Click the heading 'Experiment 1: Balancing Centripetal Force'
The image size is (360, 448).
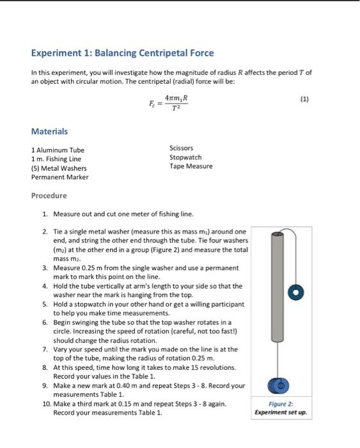122,53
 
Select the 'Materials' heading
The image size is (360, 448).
49,131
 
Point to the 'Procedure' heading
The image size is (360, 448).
49,195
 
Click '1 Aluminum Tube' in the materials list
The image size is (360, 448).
58,150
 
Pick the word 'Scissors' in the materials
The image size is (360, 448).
181,148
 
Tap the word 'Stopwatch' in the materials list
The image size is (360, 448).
185,157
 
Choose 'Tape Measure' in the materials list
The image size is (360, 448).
191,166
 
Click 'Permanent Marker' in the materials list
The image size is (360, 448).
60,177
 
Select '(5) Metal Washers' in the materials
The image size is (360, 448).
59,168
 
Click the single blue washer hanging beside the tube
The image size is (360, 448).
296,292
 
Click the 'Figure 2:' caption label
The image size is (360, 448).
281,404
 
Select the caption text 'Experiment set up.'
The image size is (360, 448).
281,413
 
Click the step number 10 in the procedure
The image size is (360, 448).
47,404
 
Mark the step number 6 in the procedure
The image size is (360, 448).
45,323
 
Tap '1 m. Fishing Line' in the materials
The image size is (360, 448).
56,159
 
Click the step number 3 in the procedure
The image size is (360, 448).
45,268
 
